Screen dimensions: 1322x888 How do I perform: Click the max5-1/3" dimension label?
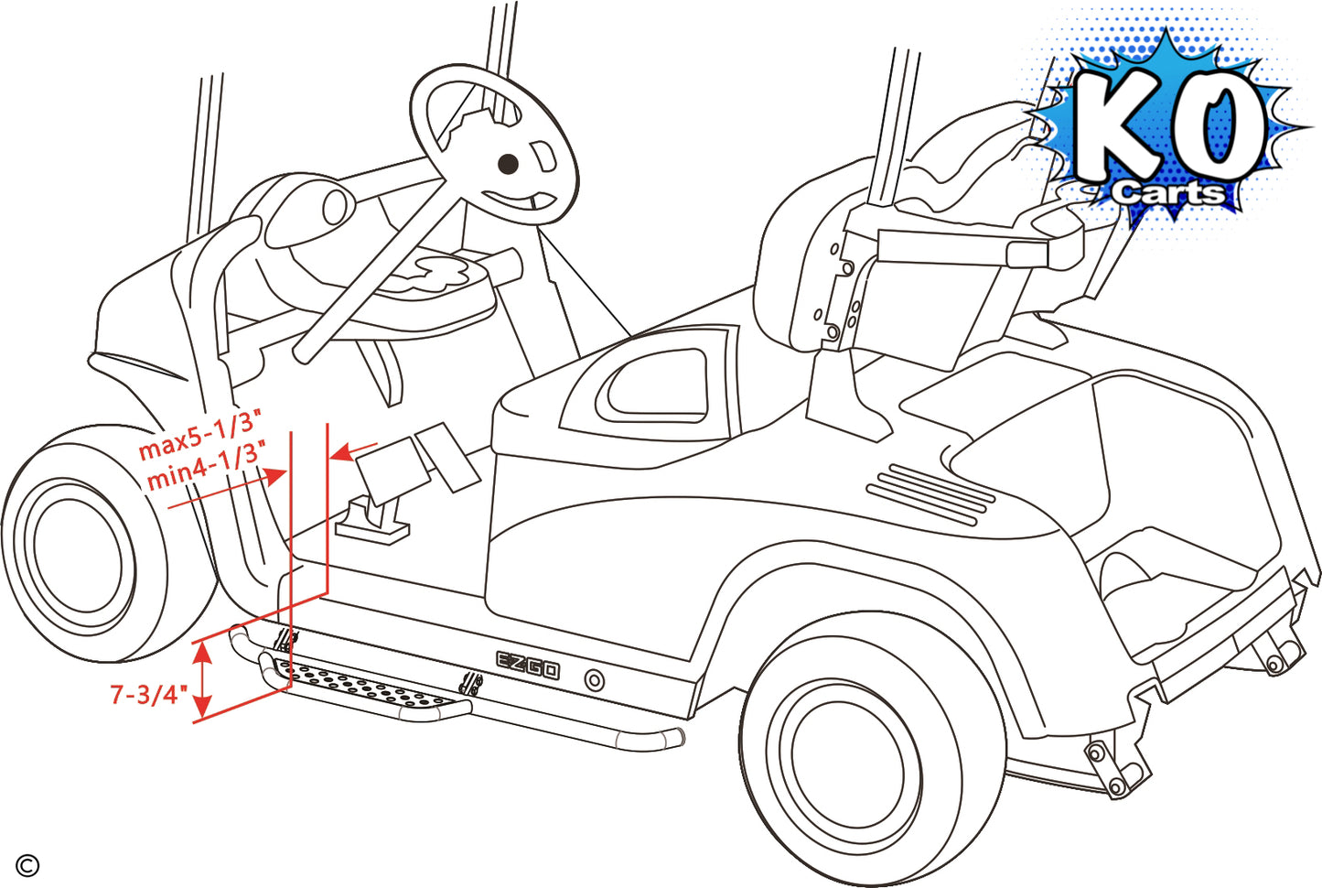coord(199,435)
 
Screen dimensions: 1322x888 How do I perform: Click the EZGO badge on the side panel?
coord(528,665)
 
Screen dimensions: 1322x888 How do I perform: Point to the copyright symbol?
coord(27,865)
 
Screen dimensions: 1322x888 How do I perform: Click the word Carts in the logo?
coord(1168,192)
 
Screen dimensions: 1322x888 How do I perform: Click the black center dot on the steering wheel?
coord(508,164)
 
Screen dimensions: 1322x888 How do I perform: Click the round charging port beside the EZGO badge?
coord(595,680)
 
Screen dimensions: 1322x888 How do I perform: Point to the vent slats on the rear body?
coord(930,494)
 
